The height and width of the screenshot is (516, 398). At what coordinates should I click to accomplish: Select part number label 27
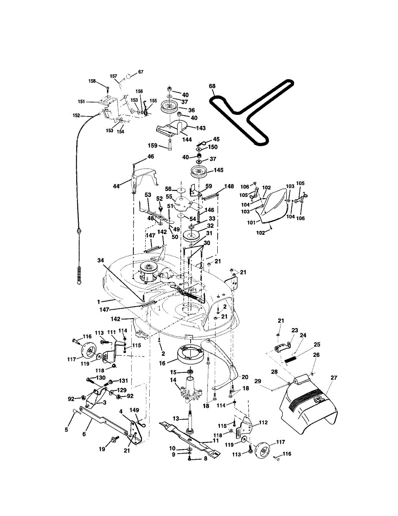(x=334, y=378)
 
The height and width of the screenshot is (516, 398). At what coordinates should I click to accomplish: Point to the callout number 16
(x=162, y=363)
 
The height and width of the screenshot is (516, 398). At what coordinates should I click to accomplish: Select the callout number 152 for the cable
(x=77, y=115)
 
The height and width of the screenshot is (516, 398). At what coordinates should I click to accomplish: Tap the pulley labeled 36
(x=170, y=108)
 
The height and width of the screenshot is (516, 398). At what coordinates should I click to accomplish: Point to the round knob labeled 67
(x=128, y=77)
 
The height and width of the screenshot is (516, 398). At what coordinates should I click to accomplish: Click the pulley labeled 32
(x=190, y=236)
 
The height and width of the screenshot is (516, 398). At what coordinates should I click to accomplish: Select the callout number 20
(x=244, y=377)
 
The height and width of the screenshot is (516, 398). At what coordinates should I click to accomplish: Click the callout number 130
(x=101, y=378)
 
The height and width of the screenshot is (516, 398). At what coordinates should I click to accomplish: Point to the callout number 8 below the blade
(x=205, y=459)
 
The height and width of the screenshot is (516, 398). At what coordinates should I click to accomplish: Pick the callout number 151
(x=81, y=102)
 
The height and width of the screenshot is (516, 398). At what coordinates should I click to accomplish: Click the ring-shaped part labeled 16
(x=188, y=353)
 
